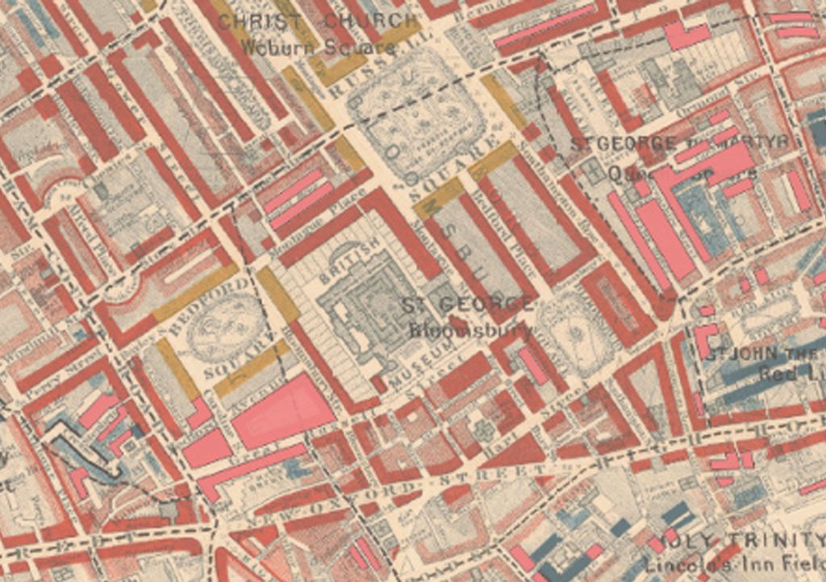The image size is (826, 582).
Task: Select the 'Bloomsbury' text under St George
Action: pos(470,330)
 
